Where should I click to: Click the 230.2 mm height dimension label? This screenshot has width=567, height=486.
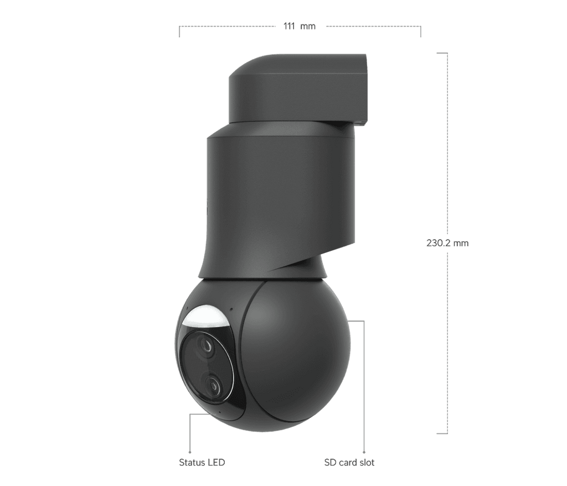coord(448,243)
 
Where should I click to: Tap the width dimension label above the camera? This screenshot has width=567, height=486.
coord(300,26)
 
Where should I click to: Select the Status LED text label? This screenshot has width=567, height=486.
coord(203,461)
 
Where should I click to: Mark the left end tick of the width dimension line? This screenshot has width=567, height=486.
coord(179,31)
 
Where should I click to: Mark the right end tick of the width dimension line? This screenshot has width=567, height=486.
coord(421,31)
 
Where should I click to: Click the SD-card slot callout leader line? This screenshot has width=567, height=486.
coord(363,387)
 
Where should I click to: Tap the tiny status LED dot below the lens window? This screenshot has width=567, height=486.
coord(219,412)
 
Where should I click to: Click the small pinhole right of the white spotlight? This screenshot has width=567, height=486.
coord(230,309)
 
